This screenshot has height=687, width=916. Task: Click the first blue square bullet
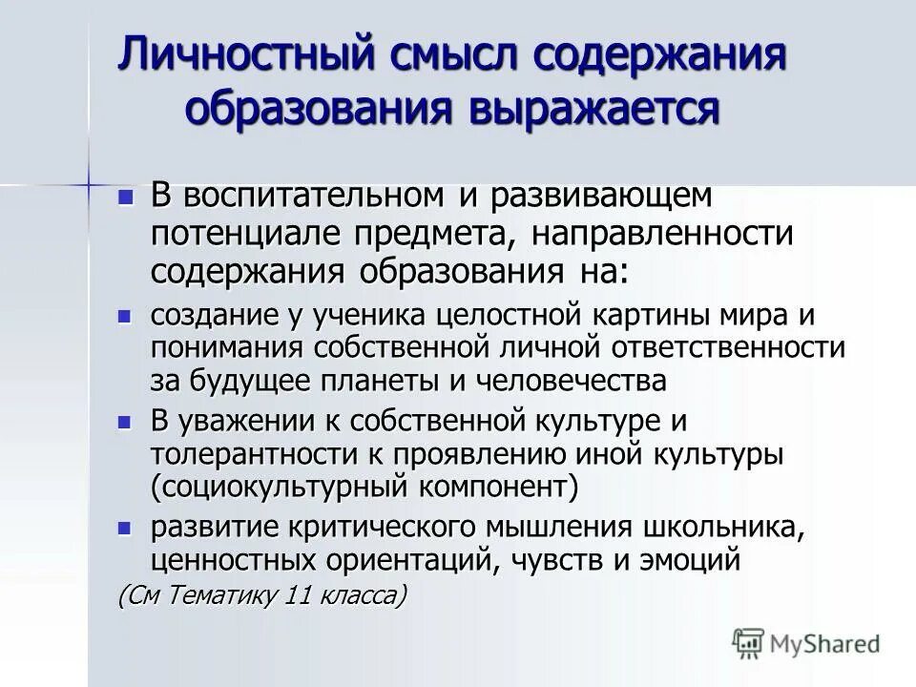(x=123, y=197)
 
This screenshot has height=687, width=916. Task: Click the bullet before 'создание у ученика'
(x=123, y=314)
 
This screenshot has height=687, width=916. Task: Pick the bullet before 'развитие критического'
(x=123, y=526)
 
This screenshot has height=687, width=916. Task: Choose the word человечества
(x=566, y=380)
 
